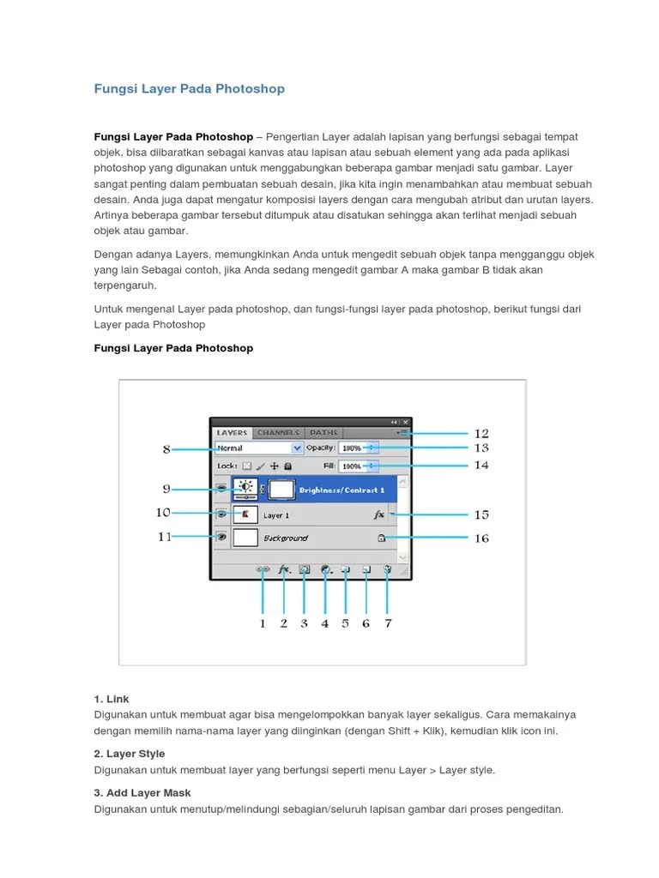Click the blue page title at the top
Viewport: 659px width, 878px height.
coord(189,88)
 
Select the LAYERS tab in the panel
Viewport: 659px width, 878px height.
coord(232,433)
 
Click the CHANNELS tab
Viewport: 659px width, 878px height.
coord(278,433)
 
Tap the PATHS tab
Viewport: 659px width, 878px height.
coord(323,433)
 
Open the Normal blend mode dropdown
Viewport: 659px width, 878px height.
coord(258,448)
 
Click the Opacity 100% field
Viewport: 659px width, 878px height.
coord(355,448)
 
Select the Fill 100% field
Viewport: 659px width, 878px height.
coord(355,466)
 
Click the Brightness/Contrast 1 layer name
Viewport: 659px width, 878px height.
coord(341,490)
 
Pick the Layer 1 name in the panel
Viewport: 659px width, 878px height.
coord(275,515)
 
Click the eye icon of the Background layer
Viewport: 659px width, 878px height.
coord(221,538)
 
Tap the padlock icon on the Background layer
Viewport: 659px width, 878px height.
coord(380,538)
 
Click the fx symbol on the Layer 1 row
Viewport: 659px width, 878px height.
coord(378,515)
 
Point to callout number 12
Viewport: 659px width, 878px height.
coord(481,434)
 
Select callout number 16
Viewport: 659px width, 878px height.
coord(481,538)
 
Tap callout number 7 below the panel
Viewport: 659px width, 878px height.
coord(388,623)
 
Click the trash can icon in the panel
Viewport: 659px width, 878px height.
coord(387,568)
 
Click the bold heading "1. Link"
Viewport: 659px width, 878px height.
coord(112,699)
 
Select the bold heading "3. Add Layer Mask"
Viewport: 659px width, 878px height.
coord(142,793)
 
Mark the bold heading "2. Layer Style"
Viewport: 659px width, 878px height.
coord(130,755)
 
